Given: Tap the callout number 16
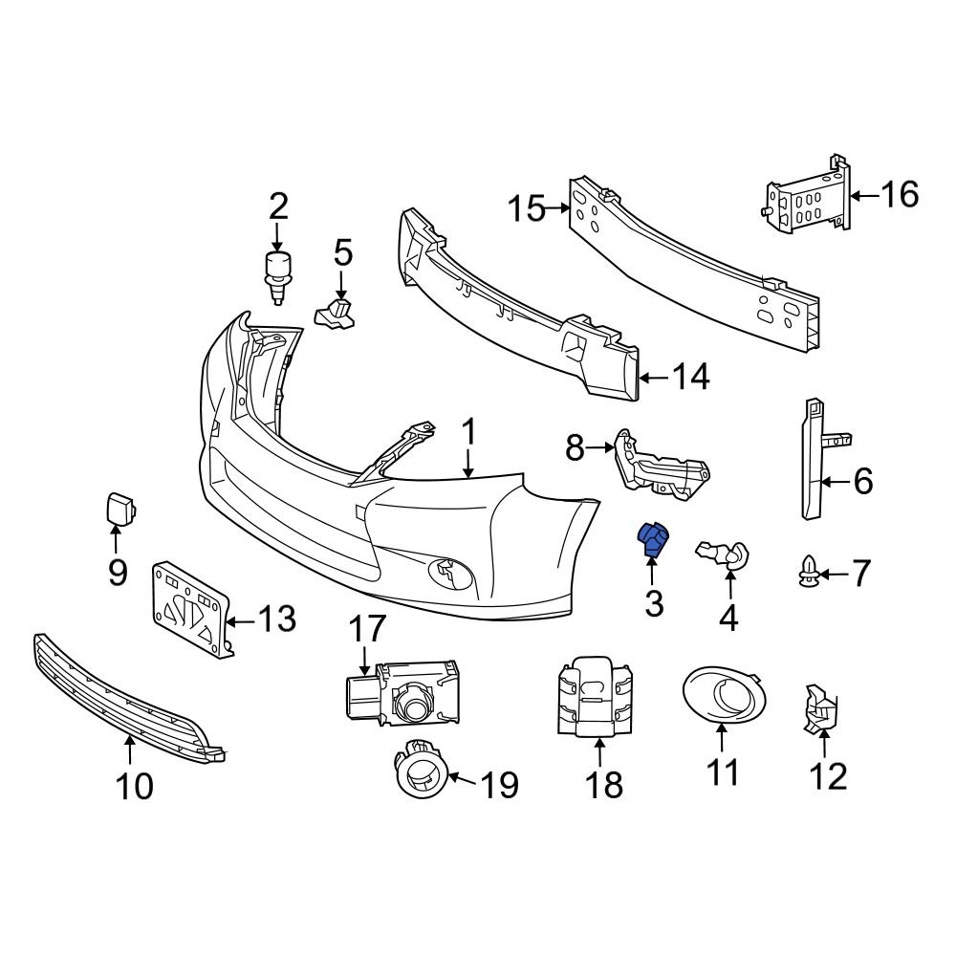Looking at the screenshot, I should tap(899, 194).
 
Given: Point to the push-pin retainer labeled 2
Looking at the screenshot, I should tap(276, 272).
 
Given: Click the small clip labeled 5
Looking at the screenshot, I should tap(334, 313).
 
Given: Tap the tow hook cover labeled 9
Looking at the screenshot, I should tap(119, 509).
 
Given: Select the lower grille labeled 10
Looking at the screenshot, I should tap(124, 698).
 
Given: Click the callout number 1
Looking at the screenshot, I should tap(468, 435).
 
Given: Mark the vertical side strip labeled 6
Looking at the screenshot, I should tap(812, 459).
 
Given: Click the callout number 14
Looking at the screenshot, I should tap(689, 378).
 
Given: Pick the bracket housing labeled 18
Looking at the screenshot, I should tap(593, 698).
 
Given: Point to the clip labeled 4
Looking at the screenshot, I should tap(725, 554).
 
